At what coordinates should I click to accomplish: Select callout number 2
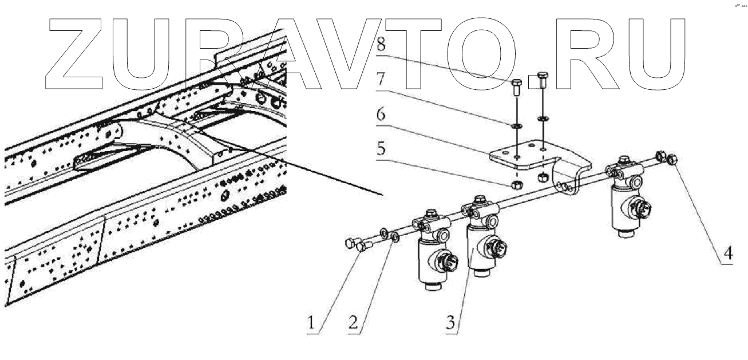point(354,323)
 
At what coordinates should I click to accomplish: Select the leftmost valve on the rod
point(432,252)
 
